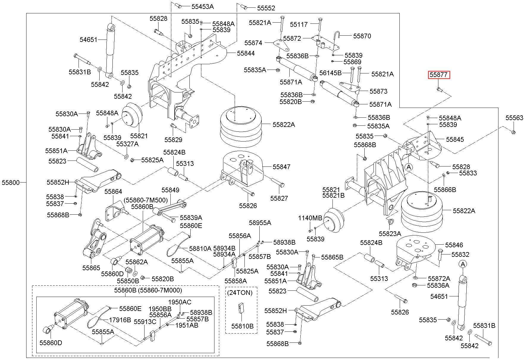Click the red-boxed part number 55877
pos(439,75)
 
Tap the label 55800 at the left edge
pos(11,183)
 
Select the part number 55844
pos(246,53)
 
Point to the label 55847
pos(282,167)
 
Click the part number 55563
pos(514,118)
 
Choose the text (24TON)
pos(240,293)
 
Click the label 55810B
pos(242,326)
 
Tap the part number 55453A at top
pos(203,6)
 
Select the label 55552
pos(266,8)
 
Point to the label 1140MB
pos(310,218)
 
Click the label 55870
pos(362,36)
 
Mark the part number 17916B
pos(120,320)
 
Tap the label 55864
pos(113,192)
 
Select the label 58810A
pos(200,248)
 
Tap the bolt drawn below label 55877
pos(439,89)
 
